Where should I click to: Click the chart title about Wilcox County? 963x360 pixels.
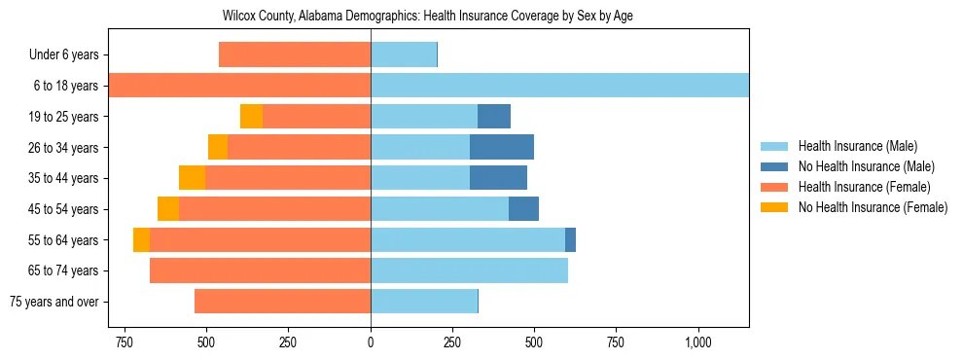click(x=428, y=17)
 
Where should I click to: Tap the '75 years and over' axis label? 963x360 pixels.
click(x=53, y=302)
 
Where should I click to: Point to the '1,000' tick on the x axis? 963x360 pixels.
click(x=698, y=342)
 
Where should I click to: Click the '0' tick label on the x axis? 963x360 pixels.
click(x=371, y=342)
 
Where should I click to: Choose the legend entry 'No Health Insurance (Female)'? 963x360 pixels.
click(x=873, y=207)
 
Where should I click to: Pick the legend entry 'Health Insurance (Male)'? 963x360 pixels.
click(x=857, y=146)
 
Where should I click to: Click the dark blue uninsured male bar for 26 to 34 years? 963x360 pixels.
click(x=502, y=147)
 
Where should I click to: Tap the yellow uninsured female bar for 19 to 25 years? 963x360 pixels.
click(x=252, y=117)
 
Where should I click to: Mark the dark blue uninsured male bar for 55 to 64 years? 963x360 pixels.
click(x=570, y=239)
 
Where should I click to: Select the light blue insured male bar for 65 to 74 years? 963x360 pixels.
click(x=469, y=270)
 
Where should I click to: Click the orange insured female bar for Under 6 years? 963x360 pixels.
click(x=295, y=55)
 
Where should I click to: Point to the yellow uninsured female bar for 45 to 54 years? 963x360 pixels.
click(x=168, y=209)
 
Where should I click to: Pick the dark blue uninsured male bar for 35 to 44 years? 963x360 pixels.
click(x=498, y=178)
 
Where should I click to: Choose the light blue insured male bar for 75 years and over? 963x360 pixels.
click(x=424, y=302)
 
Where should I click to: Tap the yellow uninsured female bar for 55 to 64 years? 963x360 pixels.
click(x=142, y=239)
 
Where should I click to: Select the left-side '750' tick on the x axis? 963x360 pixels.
click(x=124, y=342)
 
